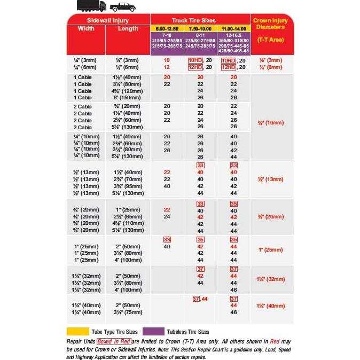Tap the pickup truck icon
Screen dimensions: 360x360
[x=122, y=7]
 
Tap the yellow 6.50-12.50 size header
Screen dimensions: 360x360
[x=167, y=27]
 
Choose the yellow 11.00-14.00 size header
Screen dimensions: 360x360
[x=234, y=27]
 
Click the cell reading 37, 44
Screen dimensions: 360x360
[x=200, y=299]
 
